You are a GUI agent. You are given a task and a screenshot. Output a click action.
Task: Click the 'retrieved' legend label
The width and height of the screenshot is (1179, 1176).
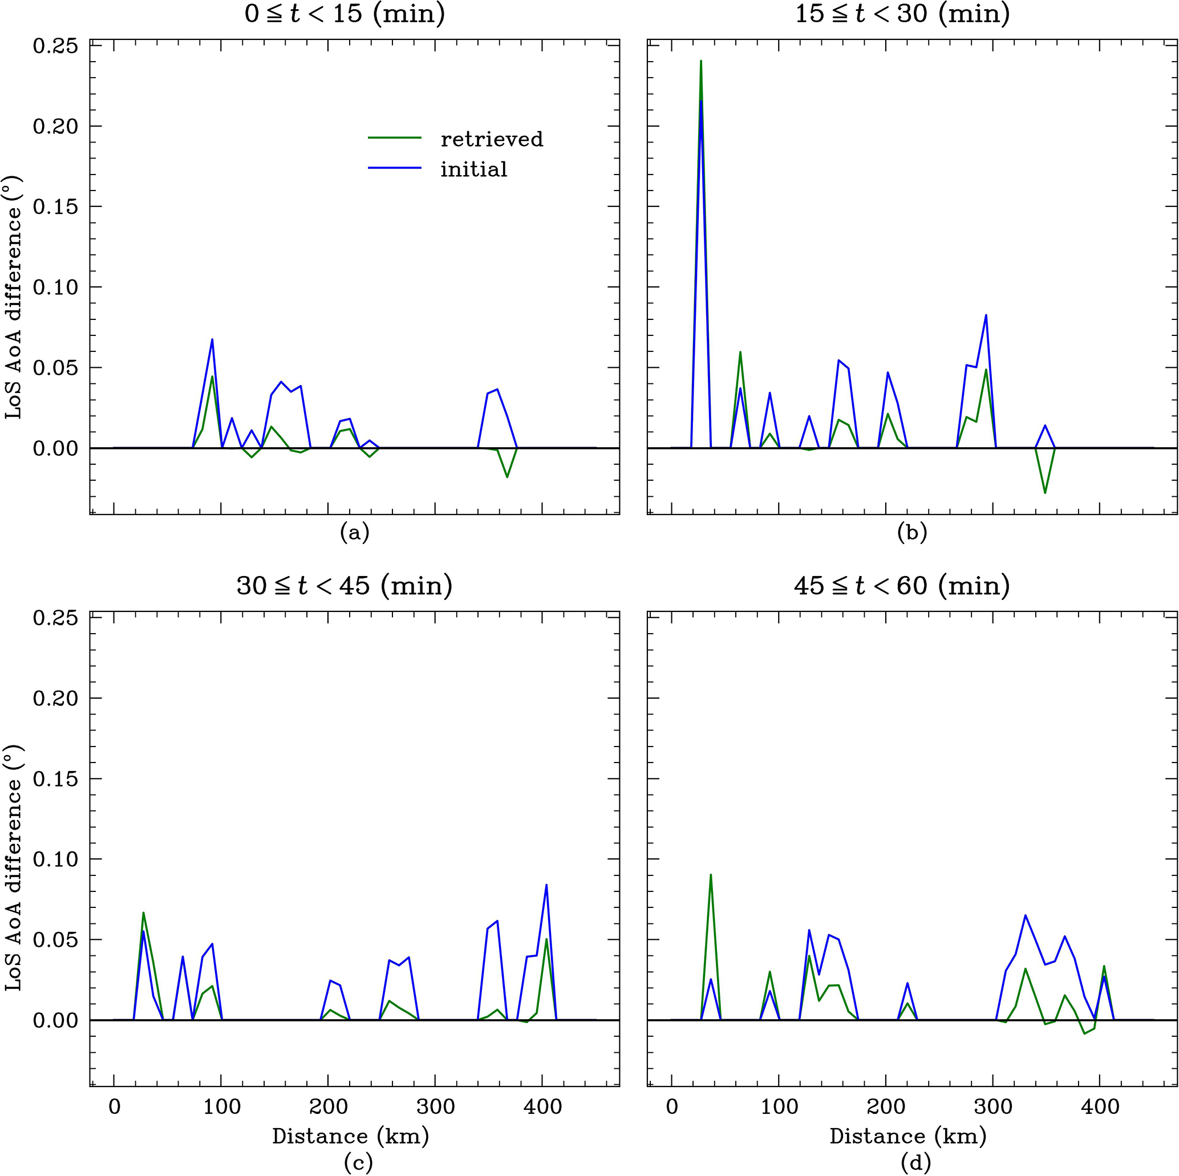(x=492, y=139)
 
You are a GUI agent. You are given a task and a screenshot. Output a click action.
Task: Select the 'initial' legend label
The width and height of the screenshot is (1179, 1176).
(x=474, y=169)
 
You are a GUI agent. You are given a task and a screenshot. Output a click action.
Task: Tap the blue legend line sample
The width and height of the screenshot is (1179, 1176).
(x=395, y=168)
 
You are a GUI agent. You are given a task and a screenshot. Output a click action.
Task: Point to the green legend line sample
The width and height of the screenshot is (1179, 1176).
(x=395, y=138)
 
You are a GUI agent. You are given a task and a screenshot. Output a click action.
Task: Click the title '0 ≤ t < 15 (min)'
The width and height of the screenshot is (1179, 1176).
(x=345, y=14)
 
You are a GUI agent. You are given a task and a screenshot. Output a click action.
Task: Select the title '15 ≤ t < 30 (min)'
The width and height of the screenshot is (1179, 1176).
(x=902, y=14)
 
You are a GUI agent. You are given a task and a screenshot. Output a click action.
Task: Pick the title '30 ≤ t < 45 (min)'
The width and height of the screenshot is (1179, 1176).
(x=345, y=585)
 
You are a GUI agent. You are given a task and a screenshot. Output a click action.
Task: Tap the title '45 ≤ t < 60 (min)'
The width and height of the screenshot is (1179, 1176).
(x=902, y=585)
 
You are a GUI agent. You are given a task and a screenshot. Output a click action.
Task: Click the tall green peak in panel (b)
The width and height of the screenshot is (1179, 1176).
(x=700, y=61)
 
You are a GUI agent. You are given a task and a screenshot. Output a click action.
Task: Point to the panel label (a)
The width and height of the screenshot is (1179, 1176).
(x=355, y=533)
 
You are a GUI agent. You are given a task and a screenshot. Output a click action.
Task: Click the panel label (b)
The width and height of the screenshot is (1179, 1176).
(x=912, y=533)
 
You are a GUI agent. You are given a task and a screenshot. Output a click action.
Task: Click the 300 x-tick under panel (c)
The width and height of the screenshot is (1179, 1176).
(x=435, y=1106)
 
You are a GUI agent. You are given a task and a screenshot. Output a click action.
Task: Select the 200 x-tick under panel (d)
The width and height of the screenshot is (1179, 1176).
(x=886, y=1106)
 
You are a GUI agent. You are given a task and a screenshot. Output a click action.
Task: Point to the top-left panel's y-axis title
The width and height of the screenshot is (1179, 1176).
(x=14, y=297)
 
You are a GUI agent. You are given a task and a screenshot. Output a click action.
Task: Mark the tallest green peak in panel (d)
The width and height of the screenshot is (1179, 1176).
(x=711, y=875)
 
